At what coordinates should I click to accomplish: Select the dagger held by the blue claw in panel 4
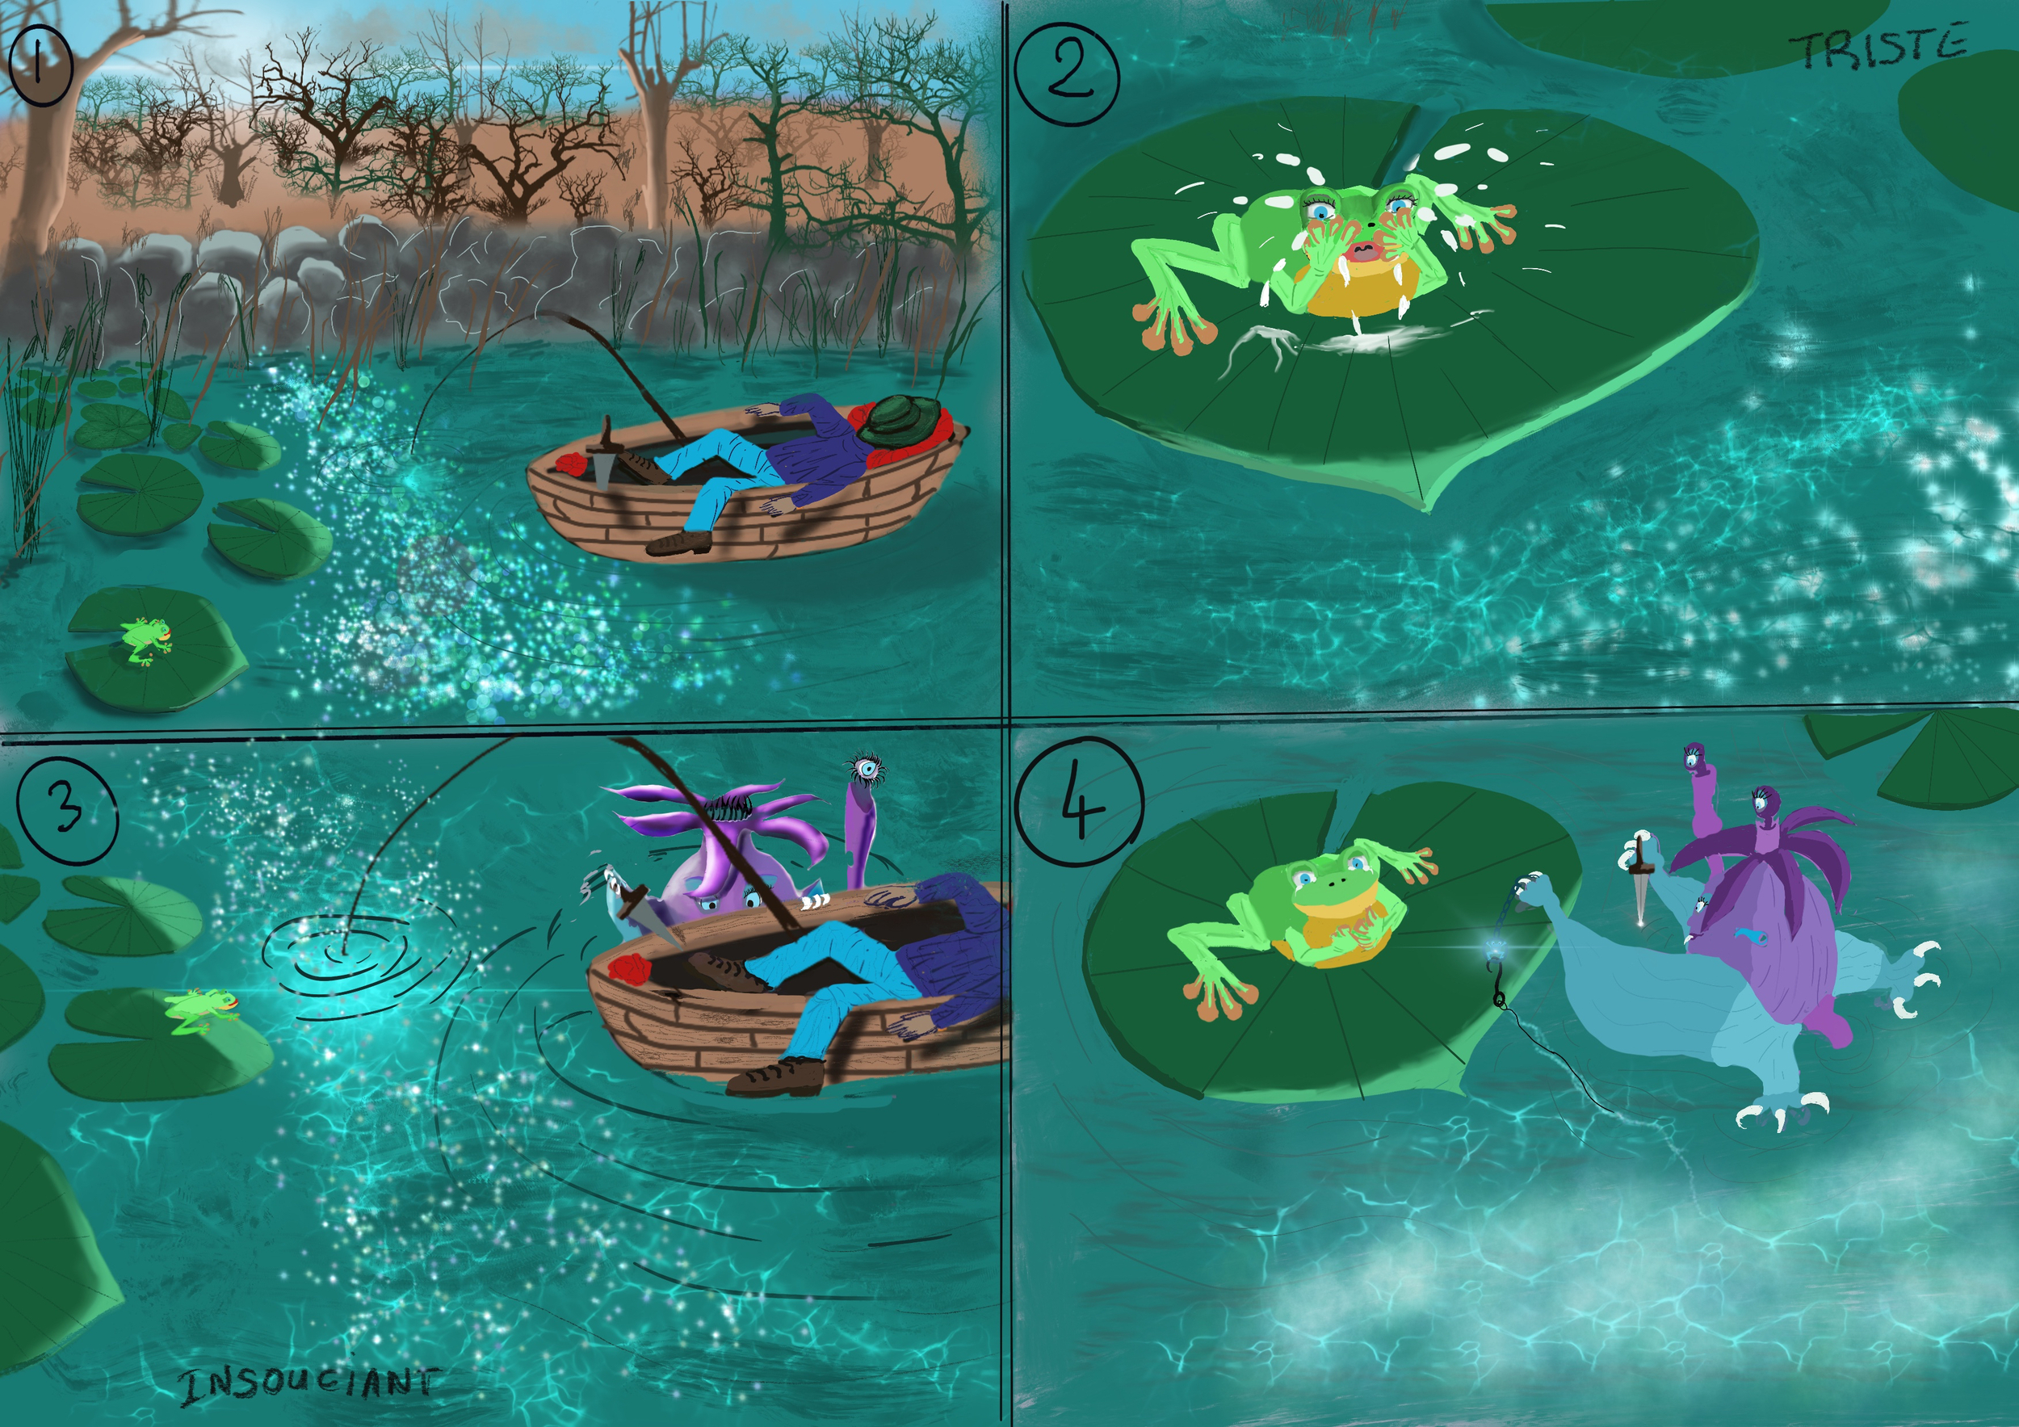[x=1641, y=884]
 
